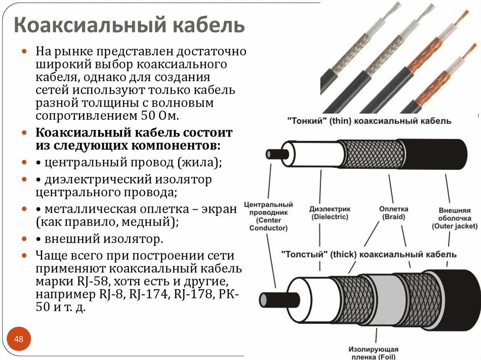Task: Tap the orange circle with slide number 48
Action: click(x=19, y=339)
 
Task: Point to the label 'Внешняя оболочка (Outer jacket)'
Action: click(x=454, y=218)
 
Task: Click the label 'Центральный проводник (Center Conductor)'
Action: click(x=268, y=216)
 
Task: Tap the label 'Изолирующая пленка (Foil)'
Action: click(x=373, y=353)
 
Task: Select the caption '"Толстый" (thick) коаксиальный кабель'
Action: click(x=369, y=254)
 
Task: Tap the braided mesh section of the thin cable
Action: click(x=371, y=153)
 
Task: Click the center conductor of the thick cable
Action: click(x=279, y=299)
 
